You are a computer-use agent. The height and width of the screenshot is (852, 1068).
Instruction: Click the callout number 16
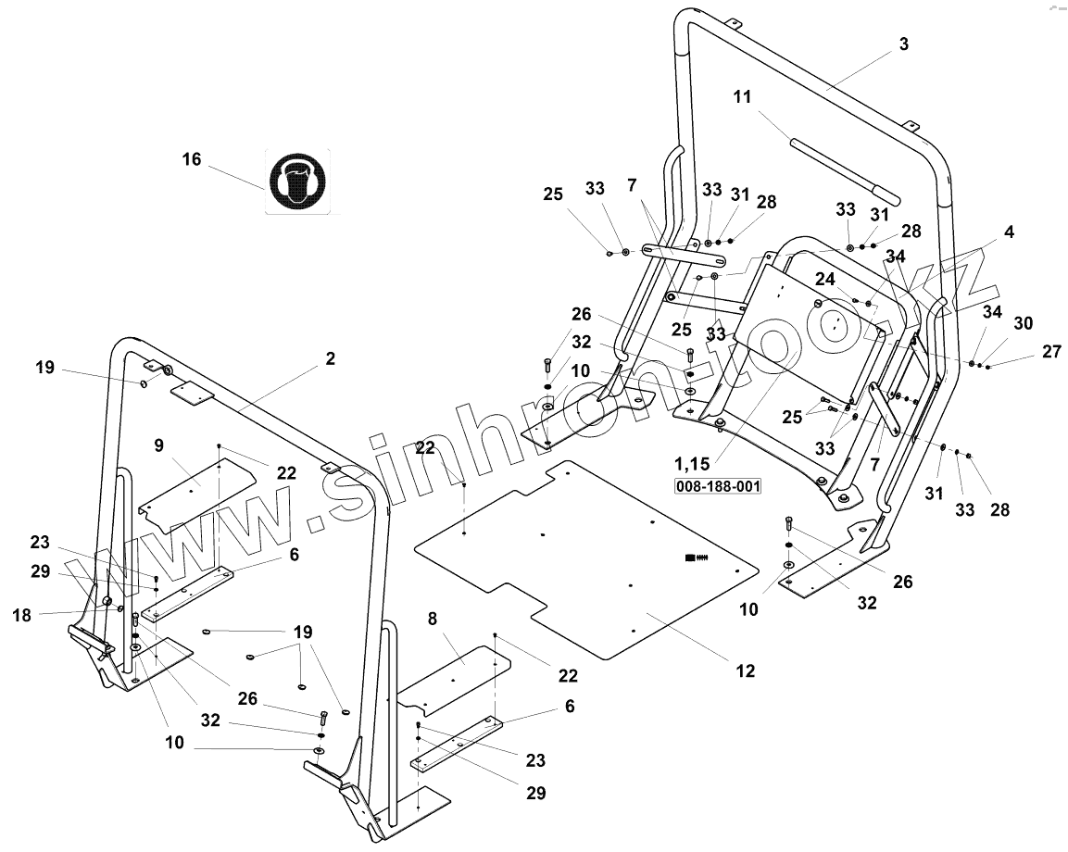(191, 159)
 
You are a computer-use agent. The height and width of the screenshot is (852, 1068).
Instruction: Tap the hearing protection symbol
(297, 182)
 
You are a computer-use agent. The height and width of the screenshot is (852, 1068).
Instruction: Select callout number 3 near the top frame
(904, 44)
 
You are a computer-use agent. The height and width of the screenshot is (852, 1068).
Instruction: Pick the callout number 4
(1009, 232)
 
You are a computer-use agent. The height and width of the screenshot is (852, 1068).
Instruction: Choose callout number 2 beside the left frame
(331, 359)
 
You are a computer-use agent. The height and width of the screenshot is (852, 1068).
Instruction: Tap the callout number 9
(159, 445)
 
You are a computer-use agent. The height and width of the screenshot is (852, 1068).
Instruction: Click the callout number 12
(746, 670)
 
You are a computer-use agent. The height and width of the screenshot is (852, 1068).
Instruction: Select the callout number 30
(1023, 323)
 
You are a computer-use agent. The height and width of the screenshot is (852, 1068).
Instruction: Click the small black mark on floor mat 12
(695, 557)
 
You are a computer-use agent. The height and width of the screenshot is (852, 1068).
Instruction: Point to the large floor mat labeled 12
(593, 574)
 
